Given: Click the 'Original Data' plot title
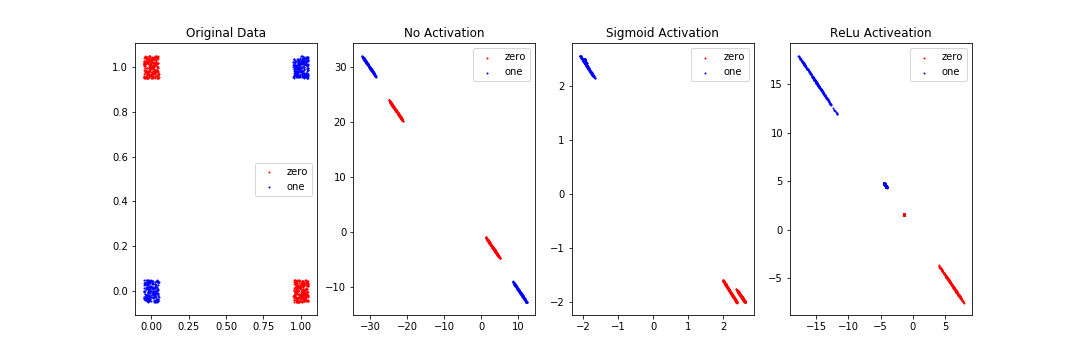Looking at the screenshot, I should pyautogui.click(x=226, y=33).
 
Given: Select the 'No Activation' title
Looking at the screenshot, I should pyautogui.click(x=443, y=33).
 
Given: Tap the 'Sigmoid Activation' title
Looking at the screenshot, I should pyautogui.click(x=662, y=33).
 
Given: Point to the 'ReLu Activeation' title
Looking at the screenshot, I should pyautogui.click(x=880, y=33).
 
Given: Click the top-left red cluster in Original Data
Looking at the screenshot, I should pyautogui.click(x=151, y=67).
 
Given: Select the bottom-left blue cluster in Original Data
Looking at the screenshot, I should pyautogui.click(x=151, y=291).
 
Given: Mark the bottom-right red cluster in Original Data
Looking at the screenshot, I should pyautogui.click(x=301, y=291).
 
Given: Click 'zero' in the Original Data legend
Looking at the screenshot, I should pyautogui.click(x=297, y=172).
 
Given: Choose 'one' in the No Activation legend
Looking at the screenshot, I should pyautogui.click(x=514, y=72).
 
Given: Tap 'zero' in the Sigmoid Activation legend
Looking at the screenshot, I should pyautogui.click(x=733, y=57).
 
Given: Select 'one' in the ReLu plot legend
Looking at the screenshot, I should pyautogui.click(x=950, y=72).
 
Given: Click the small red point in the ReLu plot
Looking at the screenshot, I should pyautogui.click(x=904, y=215).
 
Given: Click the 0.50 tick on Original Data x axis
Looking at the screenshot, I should pyautogui.click(x=226, y=326).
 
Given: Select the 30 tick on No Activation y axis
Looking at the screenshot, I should pyautogui.click(x=339, y=67).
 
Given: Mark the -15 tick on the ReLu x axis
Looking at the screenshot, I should pyautogui.click(x=817, y=326).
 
